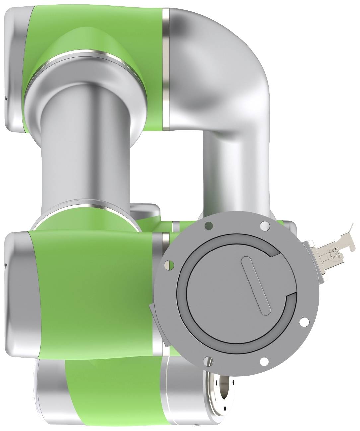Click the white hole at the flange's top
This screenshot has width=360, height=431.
tap(264, 226)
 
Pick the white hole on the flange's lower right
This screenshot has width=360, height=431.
tap(303, 322)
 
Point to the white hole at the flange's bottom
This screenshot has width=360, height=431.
tap(264, 361)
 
